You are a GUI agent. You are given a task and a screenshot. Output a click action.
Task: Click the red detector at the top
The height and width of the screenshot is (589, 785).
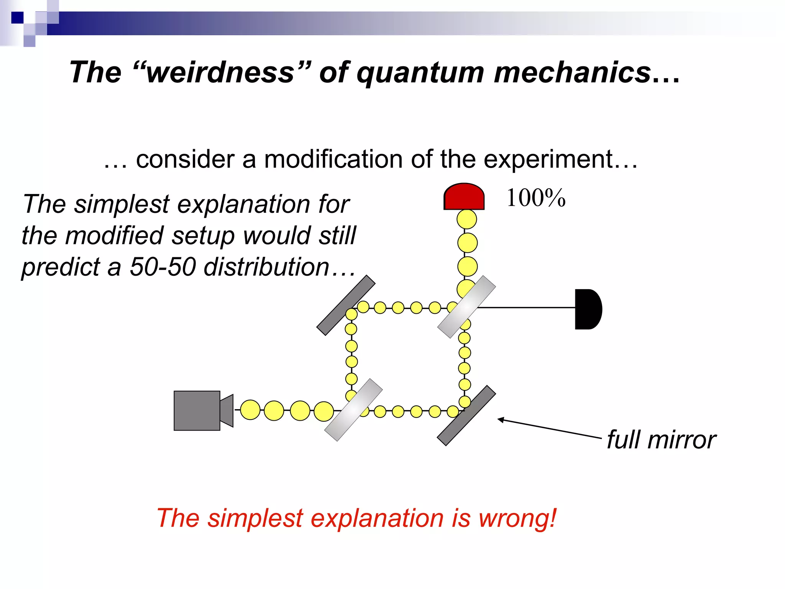pyautogui.click(x=464, y=197)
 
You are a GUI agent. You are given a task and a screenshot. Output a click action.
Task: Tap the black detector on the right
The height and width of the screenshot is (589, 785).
pyautogui.click(x=587, y=309)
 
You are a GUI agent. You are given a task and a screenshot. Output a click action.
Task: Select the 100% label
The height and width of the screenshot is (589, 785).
pyautogui.click(x=535, y=198)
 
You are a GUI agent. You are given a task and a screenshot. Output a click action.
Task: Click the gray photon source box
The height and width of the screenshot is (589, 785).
pyautogui.click(x=197, y=411)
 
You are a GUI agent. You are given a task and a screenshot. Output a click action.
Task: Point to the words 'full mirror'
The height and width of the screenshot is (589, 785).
pyautogui.click(x=661, y=440)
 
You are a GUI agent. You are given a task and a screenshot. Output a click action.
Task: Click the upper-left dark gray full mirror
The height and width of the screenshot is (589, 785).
pyautogui.click(x=346, y=305)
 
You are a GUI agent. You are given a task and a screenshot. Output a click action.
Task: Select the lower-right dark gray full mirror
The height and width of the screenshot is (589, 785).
pyautogui.click(x=466, y=416)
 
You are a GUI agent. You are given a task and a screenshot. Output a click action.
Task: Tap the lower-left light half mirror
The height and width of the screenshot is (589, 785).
pyautogui.click(x=353, y=410)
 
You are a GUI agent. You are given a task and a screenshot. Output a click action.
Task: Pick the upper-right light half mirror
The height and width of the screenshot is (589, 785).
pyautogui.click(x=466, y=307)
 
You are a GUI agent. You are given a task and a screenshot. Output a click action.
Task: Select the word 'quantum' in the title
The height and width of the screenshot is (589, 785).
pyautogui.click(x=420, y=73)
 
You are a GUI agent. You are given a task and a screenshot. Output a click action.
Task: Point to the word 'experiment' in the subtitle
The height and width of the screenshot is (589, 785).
pyautogui.click(x=548, y=160)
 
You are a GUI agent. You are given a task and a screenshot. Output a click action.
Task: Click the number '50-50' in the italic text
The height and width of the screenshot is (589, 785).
pyautogui.click(x=163, y=267)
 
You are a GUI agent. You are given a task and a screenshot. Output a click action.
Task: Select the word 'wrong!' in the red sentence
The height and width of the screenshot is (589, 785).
pyautogui.click(x=517, y=518)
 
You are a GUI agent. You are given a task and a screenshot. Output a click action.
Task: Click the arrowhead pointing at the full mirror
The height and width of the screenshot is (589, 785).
pyautogui.click(x=501, y=420)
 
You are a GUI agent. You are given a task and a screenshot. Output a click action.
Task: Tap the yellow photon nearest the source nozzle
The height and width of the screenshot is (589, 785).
pyautogui.click(x=250, y=410)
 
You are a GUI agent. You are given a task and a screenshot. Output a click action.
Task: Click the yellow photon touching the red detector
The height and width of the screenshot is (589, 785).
pyautogui.click(x=466, y=219)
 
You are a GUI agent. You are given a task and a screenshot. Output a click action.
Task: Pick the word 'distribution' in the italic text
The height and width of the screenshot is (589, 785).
pyautogui.click(x=266, y=267)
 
